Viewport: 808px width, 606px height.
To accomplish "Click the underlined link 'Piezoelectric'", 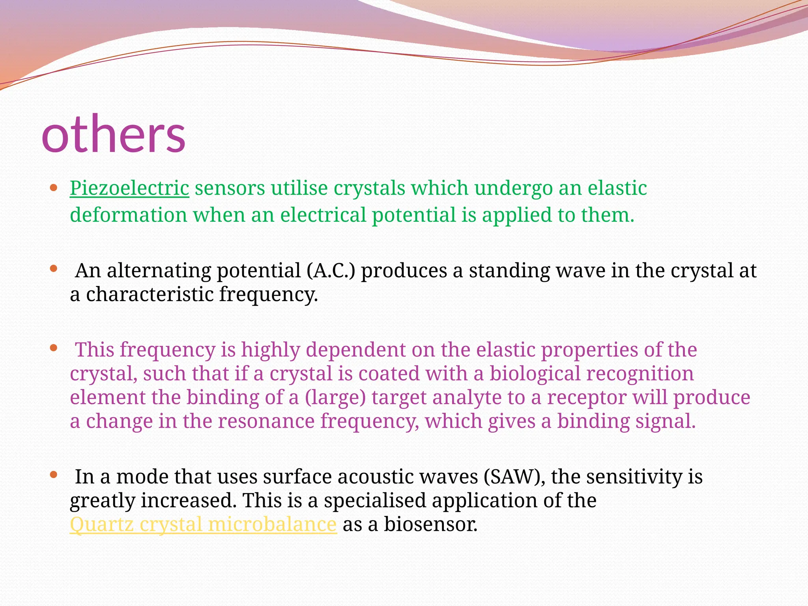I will [129, 188].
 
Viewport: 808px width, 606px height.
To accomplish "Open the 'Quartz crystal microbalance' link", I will [203, 525].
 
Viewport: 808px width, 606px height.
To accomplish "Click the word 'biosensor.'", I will [431, 525].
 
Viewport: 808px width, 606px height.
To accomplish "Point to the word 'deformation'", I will [129, 215].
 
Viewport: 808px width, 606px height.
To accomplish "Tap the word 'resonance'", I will [266, 421].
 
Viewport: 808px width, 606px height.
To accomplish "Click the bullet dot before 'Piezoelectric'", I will [54, 187].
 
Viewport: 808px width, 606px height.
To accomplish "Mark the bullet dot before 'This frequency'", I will [54, 348].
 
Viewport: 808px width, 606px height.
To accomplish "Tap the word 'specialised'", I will [375, 501].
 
